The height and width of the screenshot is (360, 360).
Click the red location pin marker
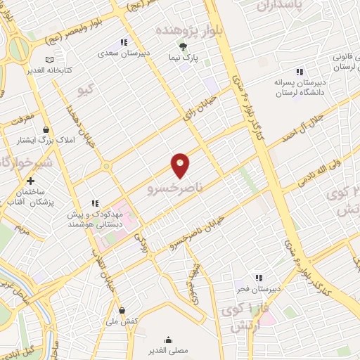[x=180, y=164]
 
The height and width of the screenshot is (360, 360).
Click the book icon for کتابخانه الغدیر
[x=49, y=61]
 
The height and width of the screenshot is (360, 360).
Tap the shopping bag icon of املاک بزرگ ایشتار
[x=46, y=129]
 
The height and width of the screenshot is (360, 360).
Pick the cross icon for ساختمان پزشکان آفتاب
[x=30, y=181]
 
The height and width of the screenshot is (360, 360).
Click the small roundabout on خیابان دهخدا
[x=106, y=167]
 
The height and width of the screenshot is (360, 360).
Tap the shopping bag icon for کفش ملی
[x=122, y=310]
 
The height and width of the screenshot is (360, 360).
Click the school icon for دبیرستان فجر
[x=259, y=278]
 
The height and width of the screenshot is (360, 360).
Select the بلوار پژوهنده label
[x=183, y=31]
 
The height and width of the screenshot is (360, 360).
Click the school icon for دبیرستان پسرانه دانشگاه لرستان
[x=300, y=72]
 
